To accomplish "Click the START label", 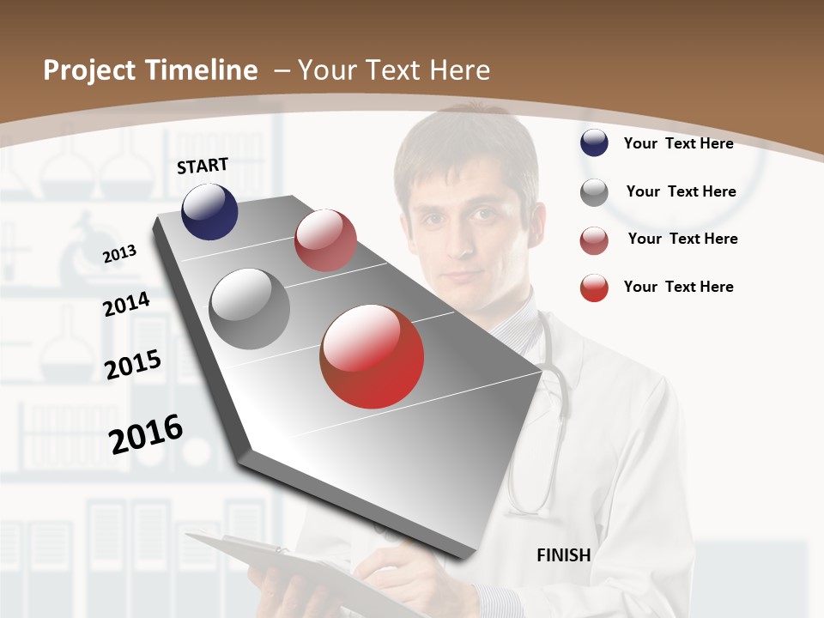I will pos(203,166).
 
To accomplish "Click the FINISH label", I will pos(563,555).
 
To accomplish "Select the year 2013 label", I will pos(119,253).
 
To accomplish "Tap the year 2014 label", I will pos(126,305).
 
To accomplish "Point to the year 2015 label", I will pos(133,365).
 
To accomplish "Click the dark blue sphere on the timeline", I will pos(209,211).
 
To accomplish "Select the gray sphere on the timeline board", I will pos(249,309).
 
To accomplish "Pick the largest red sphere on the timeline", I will pos(372,356).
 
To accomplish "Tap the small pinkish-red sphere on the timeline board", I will pos(325,240).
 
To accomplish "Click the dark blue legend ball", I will pos(594,143).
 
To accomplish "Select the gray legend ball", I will pos(594,192).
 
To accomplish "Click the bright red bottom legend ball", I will pos(594,288).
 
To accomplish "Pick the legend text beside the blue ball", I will pos(678,143).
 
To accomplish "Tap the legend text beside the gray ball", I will pos(681,191).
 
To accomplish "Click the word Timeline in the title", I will pos(202,70).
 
